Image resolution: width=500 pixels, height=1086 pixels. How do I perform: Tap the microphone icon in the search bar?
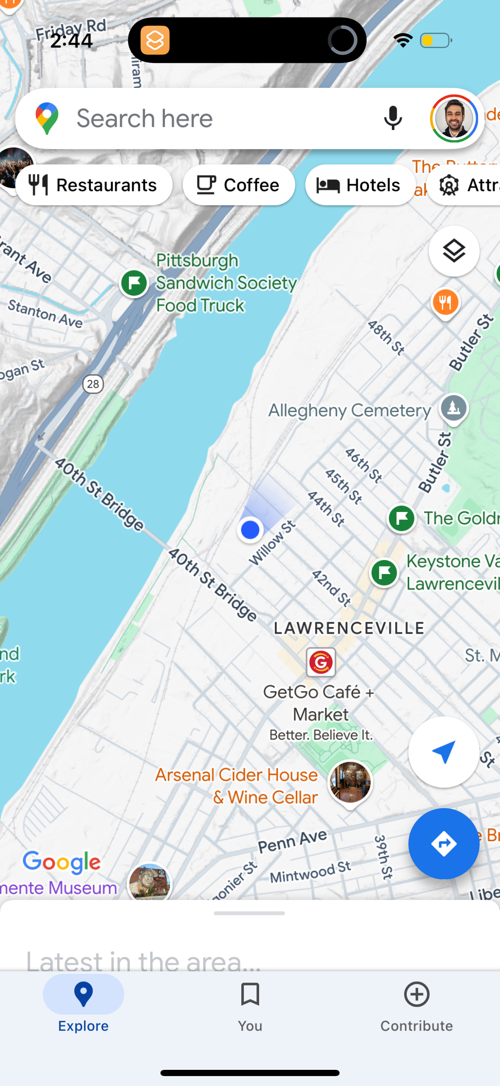pyautogui.click(x=392, y=118)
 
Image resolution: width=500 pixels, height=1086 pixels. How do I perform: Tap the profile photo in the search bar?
pyautogui.click(x=454, y=118)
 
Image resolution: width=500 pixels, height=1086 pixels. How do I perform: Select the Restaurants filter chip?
pyautogui.click(x=94, y=185)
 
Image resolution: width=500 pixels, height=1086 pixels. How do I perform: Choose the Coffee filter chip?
pyautogui.click(x=238, y=185)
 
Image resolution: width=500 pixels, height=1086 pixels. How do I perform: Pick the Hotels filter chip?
pyautogui.click(x=360, y=185)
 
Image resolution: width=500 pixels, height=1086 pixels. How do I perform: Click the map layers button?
pyautogui.click(x=454, y=251)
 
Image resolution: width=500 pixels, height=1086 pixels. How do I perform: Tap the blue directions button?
pyautogui.click(x=444, y=844)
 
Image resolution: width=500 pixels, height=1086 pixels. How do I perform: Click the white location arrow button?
pyautogui.click(x=444, y=752)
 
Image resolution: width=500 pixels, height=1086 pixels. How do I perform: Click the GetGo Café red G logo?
pyautogui.click(x=320, y=662)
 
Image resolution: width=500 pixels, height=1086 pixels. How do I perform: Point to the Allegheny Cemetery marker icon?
pyautogui.click(x=454, y=408)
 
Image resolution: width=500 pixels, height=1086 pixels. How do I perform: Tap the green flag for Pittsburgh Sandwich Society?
pyautogui.click(x=134, y=283)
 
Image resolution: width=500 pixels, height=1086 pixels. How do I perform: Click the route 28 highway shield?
pyautogui.click(x=93, y=384)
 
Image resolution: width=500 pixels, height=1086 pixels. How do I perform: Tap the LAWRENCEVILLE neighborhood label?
pyautogui.click(x=349, y=628)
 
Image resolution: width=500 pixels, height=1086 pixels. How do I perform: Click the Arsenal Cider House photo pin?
pyautogui.click(x=350, y=782)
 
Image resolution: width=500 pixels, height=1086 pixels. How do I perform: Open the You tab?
pyautogui.click(x=250, y=1005)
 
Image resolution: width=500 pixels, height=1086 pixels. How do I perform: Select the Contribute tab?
pyautogui.click(x=416, y=1005)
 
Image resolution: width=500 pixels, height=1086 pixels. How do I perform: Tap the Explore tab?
pyautogui.click(x=83, y=1005)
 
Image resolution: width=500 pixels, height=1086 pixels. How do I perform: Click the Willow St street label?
pyautogui.click(x=272, y=543)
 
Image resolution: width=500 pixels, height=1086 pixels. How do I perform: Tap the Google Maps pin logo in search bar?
pyautogui.click(x=47, y=118)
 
